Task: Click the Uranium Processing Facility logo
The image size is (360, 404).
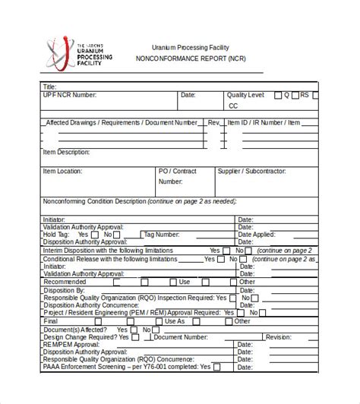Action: coord(79,54)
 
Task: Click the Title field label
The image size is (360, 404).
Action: coord(50,87)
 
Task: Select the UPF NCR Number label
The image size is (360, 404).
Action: coord(70,96)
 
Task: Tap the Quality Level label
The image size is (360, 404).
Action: coord(245,96)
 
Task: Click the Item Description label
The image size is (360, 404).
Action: coord(71,152)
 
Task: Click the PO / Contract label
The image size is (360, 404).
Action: coord(177,172)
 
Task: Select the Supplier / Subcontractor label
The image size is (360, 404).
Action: coord(251,172)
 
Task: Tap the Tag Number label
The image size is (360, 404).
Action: coord(161,235)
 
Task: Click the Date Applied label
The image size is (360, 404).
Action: coord(257,235)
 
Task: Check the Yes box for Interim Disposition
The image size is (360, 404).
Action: coord(226,251)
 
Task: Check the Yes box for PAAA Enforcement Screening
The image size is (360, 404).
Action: coord(217,369)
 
